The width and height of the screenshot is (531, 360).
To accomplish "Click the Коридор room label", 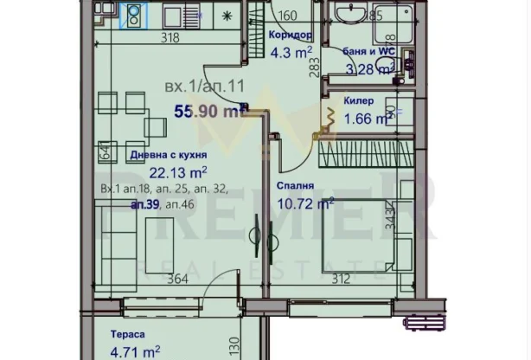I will [290, 36].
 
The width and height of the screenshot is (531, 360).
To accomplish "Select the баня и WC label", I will [368, 51].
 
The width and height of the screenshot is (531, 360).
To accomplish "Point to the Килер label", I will [359, 101].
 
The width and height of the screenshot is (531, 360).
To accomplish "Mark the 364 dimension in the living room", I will [176, 278].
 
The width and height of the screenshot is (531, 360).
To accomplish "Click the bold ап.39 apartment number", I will [144, 204].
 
